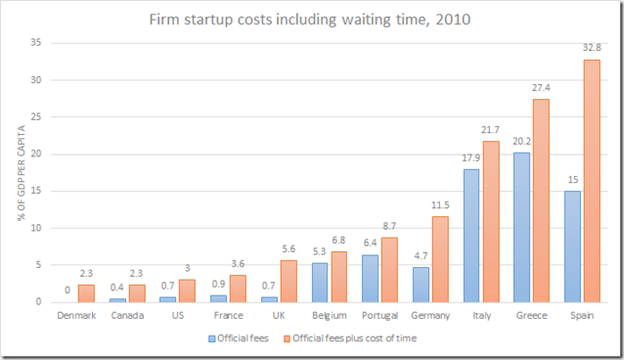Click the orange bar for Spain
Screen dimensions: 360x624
(592, 180)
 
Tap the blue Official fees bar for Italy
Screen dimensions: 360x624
(470, 236)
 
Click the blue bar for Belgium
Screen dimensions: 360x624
(320, 282)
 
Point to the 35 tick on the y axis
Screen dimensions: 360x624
(36, 43)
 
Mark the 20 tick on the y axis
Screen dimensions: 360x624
(36, 154)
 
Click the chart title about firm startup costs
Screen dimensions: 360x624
(312, 17)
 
